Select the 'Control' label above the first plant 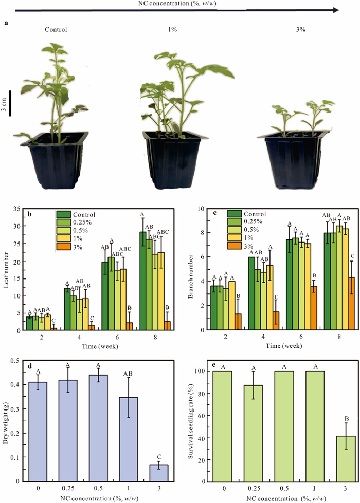pyautogui.click(x=56, y=29)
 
